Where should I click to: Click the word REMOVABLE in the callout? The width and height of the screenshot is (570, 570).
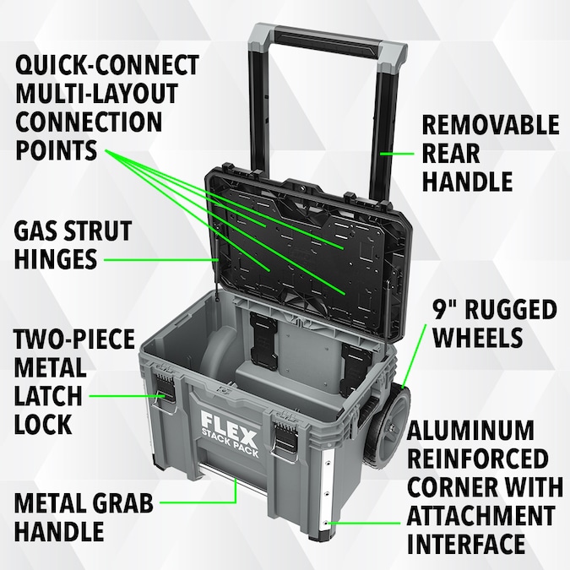pos(491,125)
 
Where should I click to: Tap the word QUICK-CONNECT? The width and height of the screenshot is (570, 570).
pos(108,65)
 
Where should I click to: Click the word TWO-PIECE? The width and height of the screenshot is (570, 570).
pos(74,339)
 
